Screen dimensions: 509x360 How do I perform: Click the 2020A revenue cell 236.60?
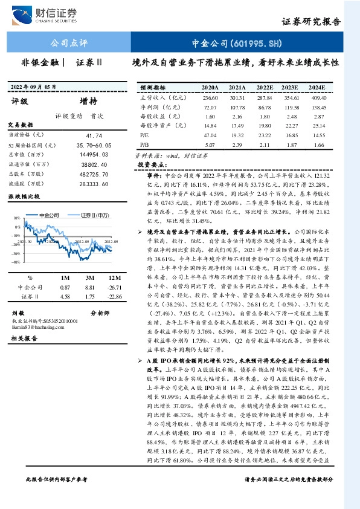coord(210,97)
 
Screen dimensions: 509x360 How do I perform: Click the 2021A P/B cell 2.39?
coord(237,146)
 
